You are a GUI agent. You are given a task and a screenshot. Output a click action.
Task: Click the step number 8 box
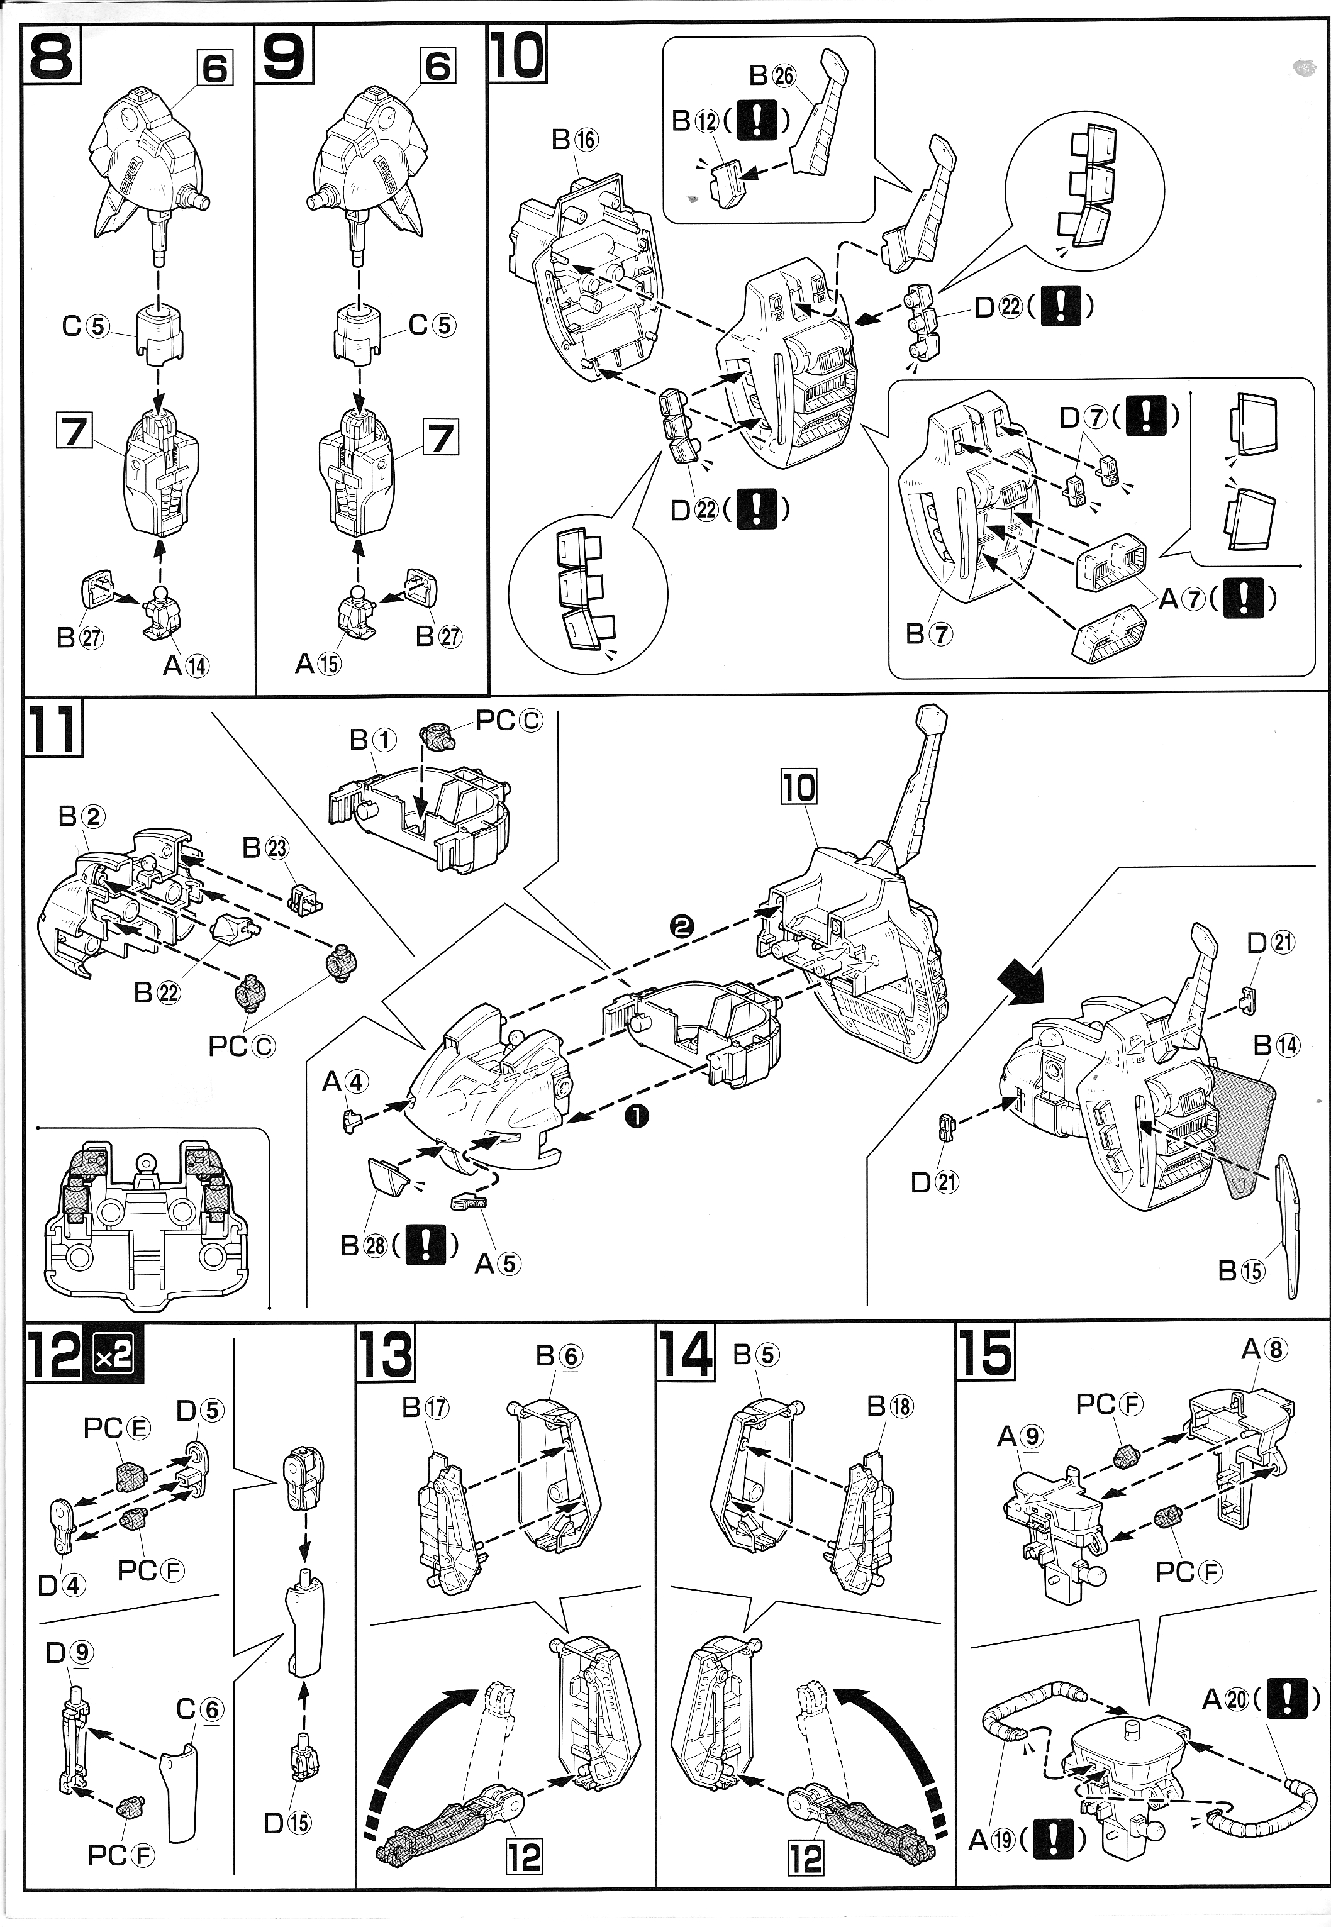(x=52, y=55)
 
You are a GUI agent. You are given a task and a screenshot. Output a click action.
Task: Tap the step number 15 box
(x=985, y=1353)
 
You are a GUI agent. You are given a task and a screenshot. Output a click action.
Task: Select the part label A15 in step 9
(x=318, y=663)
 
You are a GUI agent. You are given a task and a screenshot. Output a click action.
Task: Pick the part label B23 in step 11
(x=265, y=848)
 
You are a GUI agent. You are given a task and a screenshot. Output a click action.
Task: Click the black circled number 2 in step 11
(x=682, y=926)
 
